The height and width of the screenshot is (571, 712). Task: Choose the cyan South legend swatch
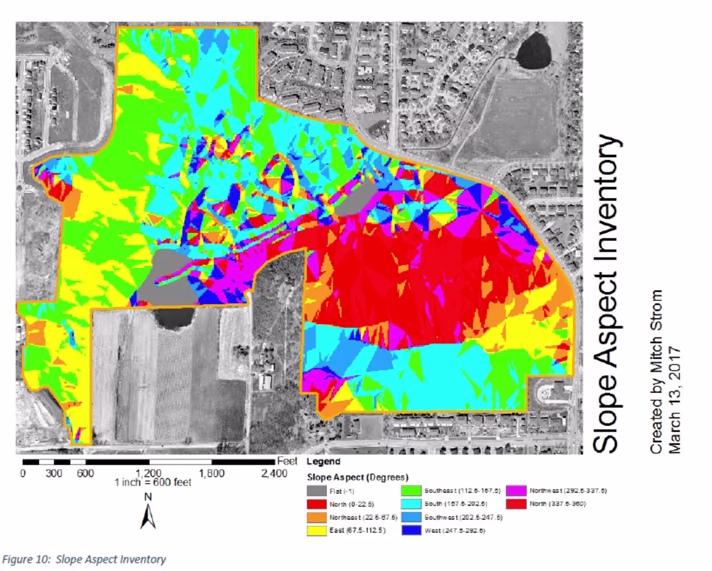point(411,504)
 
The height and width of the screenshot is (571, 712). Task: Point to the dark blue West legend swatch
point(411,530)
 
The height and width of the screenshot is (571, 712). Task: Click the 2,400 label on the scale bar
point(274,473)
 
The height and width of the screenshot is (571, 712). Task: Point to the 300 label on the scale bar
point(54,473)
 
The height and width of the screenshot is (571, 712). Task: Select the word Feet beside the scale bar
point(287,462)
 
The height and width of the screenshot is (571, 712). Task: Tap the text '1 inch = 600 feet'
point(153,483)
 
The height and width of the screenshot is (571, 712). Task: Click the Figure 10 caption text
point(84,559)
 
